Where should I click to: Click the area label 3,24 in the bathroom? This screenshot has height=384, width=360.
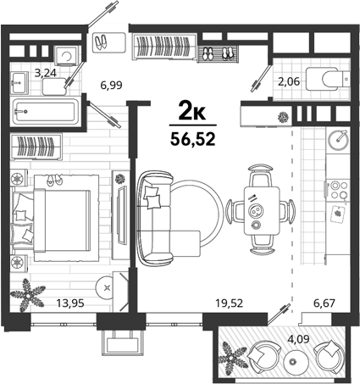46,73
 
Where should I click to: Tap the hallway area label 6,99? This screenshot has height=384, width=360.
112,85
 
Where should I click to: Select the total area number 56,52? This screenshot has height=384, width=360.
193,139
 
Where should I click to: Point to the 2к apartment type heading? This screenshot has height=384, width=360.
192,113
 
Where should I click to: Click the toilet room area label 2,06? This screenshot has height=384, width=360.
289,82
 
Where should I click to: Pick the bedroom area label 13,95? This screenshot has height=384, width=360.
70,303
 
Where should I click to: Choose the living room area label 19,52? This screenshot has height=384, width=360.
229,303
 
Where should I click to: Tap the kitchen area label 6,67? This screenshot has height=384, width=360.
324,303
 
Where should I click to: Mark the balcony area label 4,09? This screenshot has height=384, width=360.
299,338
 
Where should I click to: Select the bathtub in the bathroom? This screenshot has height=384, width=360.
45,111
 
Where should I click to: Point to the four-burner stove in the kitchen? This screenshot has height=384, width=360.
338,190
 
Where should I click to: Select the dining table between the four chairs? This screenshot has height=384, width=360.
262,210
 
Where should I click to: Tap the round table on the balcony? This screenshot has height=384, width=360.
292,361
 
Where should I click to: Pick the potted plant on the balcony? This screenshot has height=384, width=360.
233,358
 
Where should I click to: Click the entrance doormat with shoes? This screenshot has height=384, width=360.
109,42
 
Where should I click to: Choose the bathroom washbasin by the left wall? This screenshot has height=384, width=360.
19,83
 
